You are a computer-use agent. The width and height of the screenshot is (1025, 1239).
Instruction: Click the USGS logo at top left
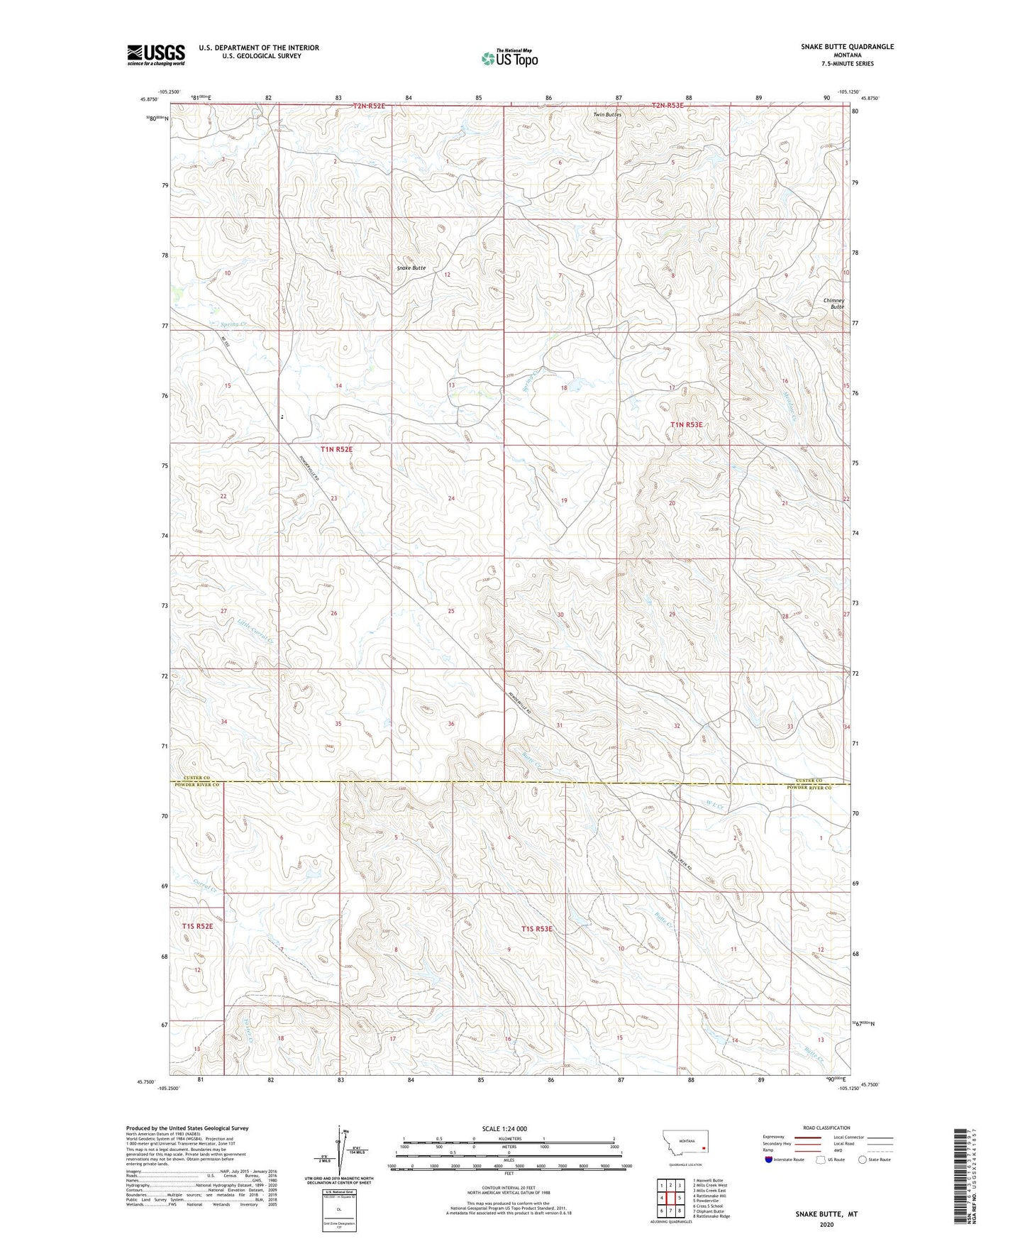[155, 55]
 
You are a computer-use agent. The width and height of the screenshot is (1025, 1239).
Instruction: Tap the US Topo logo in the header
[509, 58]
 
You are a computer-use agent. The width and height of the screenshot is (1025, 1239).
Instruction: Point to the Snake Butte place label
[411, 268]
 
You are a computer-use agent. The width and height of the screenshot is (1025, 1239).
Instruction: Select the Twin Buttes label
[607, 115]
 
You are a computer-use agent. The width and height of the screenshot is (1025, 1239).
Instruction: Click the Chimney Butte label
[833, 304]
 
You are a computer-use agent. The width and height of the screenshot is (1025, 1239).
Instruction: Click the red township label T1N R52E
[336, 449]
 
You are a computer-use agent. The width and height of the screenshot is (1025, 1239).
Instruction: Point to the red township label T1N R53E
[686, 425]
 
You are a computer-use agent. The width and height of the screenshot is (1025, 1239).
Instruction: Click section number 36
[451, 724]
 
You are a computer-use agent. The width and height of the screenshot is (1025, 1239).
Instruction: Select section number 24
[451, 499]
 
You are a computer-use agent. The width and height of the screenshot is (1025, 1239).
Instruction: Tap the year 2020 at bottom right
[826, 1225]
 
